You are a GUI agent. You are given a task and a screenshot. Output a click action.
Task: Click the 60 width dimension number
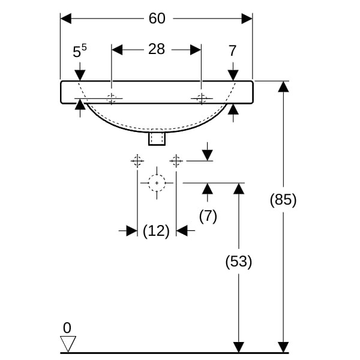(x=157, y=19)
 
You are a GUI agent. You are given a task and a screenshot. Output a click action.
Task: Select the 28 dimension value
(x=157, y=49)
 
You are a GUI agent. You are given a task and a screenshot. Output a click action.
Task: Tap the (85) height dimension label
(x=283, y=200)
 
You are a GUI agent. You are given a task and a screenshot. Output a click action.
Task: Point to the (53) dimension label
(x=239, y=262)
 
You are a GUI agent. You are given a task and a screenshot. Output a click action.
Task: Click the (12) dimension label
(x=157, y=230)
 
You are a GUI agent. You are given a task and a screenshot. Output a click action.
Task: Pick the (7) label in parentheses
(x=208, y=216)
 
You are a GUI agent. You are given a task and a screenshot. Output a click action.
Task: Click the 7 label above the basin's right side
(x=233, y=52)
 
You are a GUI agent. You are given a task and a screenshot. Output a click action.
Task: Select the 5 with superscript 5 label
(x=79, y=52)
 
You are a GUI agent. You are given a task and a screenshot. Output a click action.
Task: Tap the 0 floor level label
(x=67, y=328)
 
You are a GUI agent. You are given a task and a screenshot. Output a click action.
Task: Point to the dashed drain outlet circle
(x=157, y=182)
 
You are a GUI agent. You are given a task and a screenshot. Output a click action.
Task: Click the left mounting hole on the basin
(x=112, y=98)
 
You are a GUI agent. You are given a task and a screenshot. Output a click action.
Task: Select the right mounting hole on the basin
(x=202, y=98)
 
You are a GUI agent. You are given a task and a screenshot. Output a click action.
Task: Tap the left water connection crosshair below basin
(x=137, y=161)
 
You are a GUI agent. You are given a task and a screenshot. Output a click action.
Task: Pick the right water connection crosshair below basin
(x=176, y=161)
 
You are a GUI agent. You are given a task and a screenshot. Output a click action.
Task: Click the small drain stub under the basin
(x=157, y=139)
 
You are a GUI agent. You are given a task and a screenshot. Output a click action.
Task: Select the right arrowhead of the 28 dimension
(x=196, y=49)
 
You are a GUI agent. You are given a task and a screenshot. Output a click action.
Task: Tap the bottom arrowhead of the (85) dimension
(x=283, y=347)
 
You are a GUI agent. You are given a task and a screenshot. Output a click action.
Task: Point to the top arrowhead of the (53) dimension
(x=239, y=188)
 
